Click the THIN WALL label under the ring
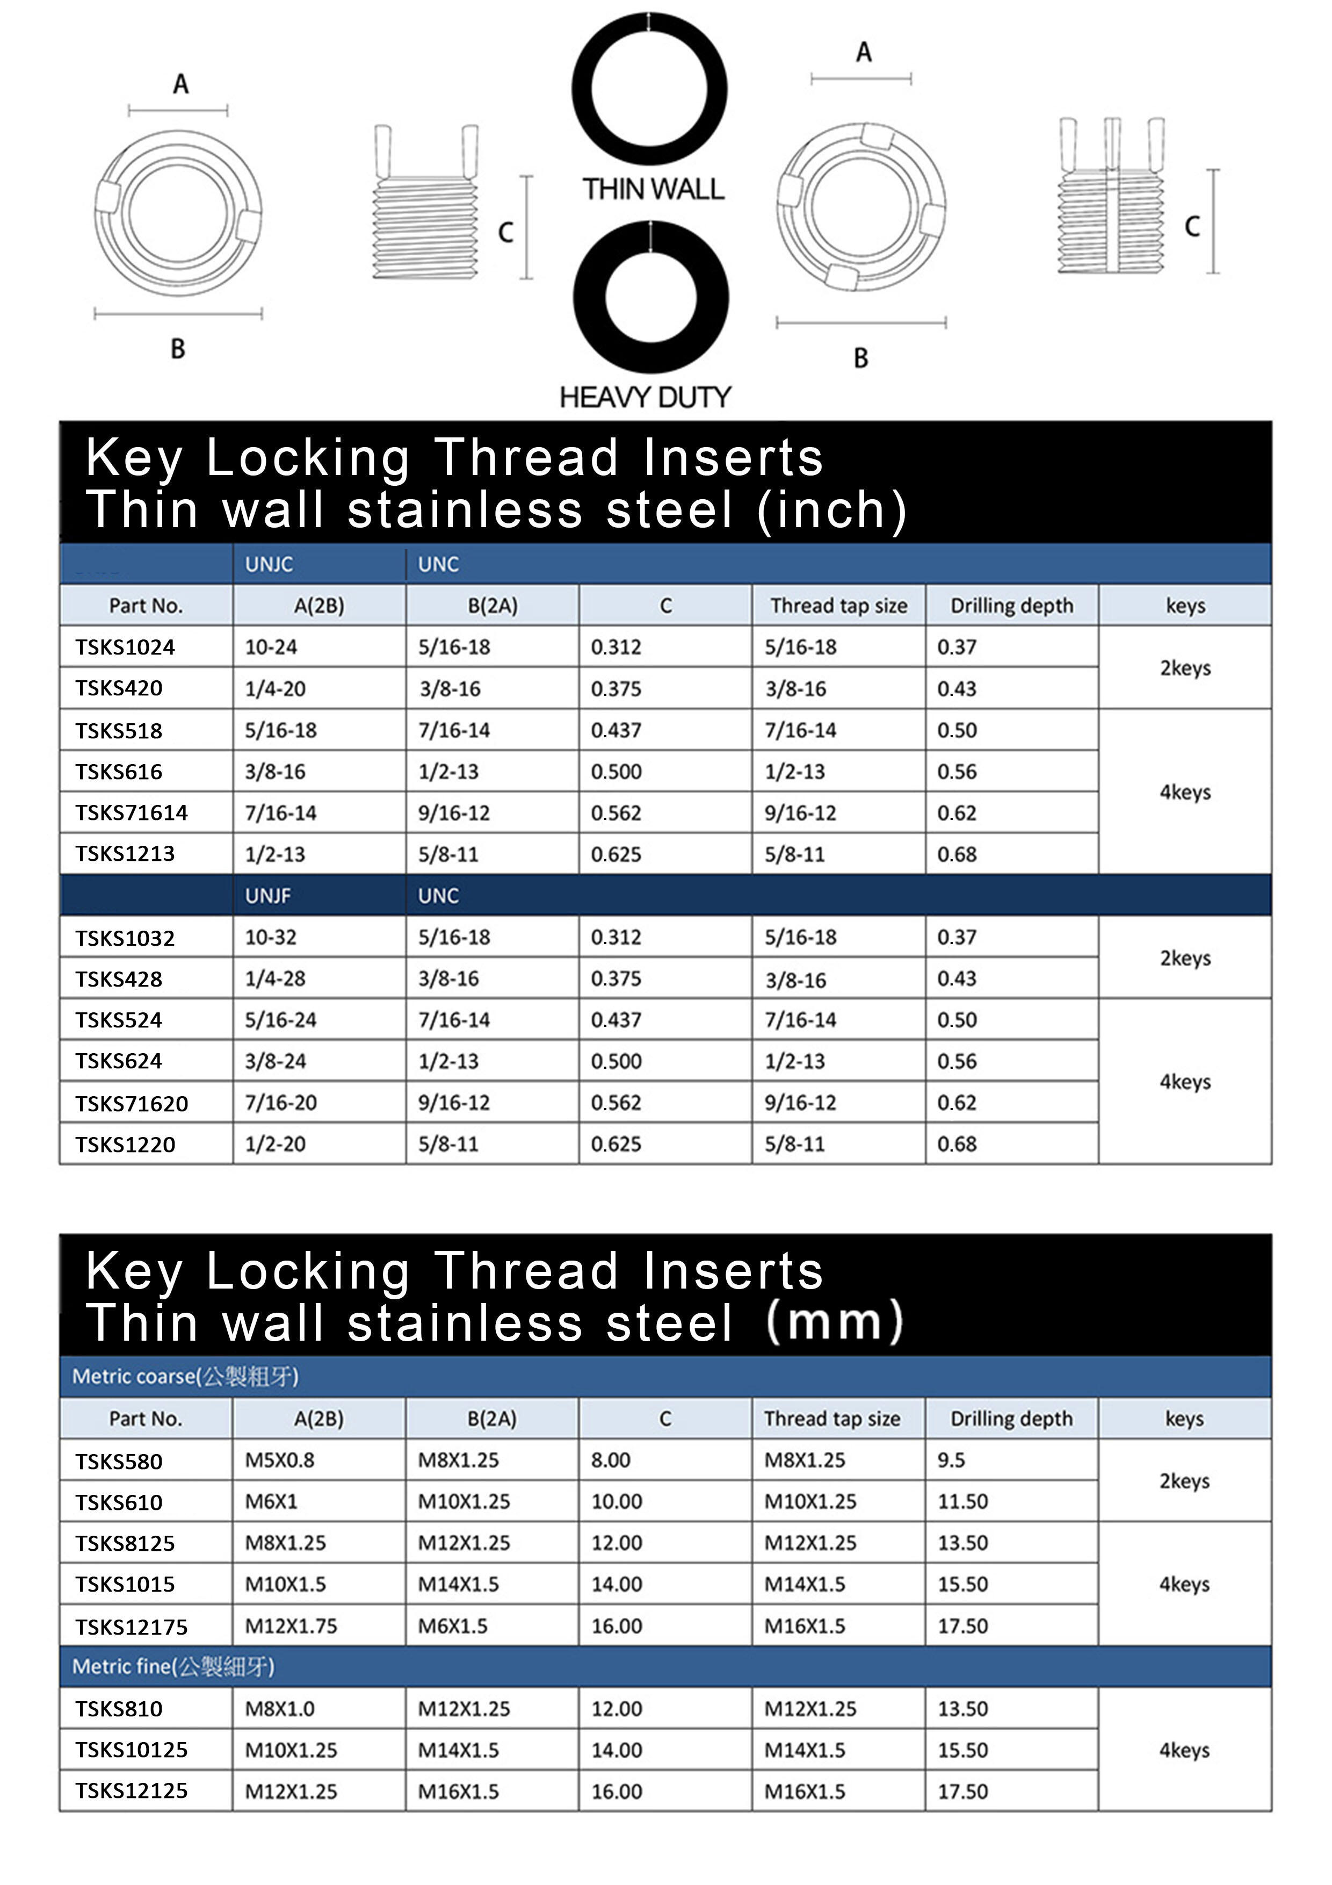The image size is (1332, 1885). [x=653, y=190]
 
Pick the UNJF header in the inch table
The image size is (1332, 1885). [x=267, y=896]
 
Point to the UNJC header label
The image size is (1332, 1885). [x=269, y=564]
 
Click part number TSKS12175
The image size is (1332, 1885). [x=131, y=1627]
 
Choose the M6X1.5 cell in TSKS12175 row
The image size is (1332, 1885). [x=452, y=1625]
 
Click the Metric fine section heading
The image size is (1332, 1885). [x=173, y=1666]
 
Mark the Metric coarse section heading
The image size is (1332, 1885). [x=185, y=1376]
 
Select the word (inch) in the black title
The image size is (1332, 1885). [x=831, y=510]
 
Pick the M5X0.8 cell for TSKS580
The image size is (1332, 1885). [x=279, y=1460]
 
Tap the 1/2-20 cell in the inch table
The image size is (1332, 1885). [x=275, y=1143]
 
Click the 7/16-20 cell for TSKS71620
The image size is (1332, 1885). [x=281, y=1103]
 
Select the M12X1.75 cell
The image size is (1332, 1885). [x=291, y=1625]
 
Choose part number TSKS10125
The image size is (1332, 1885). [x=131, y=1750]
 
